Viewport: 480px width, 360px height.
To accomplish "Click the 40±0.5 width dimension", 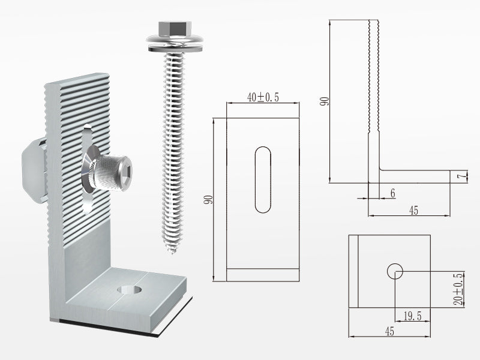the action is pyautogui.click(x=263, y=97).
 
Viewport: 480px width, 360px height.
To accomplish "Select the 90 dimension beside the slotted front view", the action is pyautogui.click(x=208, y=200).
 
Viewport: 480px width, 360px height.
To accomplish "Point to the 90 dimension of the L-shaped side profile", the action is pyautogui.click(x=325, y=101).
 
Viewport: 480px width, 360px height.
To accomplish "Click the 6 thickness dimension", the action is pyautogui.click(x=393, y=193).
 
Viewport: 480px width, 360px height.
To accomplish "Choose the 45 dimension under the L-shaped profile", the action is pyautogui.click(x=413, y=211).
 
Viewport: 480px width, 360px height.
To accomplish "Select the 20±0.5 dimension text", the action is pyautogui.click(x=458, y=289).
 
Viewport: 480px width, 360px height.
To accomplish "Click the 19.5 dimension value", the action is pyautogui.click(x=413, y=316).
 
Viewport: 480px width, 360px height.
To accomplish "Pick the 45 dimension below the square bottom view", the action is pyautogui.click(x=389, y=331).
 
